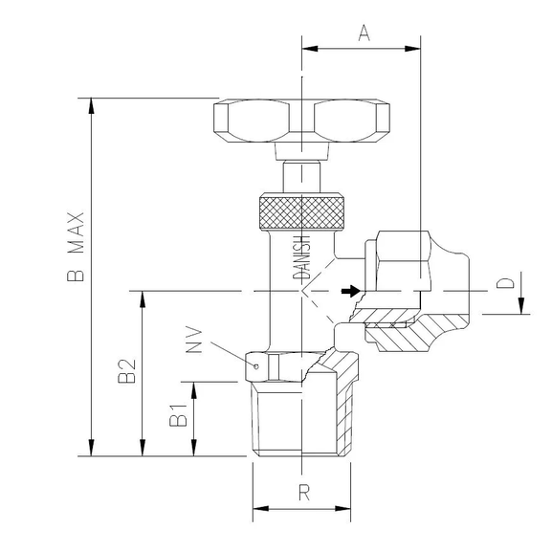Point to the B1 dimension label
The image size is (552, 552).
(177, 416)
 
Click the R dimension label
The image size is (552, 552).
(303, 494)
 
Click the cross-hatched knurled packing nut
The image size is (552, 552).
(301, 211)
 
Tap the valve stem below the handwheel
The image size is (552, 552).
(301, 179)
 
